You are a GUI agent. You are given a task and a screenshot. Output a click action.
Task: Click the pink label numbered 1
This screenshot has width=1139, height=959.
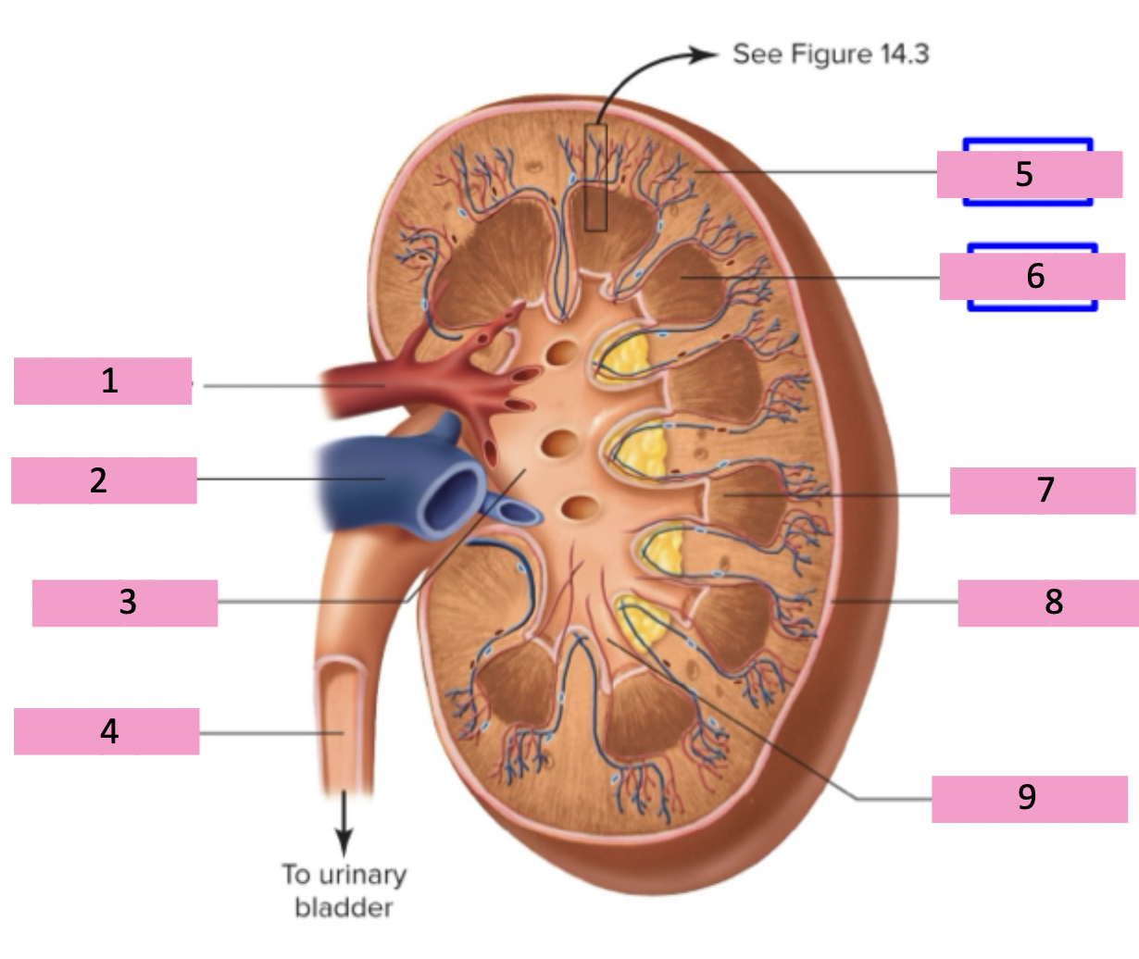pos(103,380)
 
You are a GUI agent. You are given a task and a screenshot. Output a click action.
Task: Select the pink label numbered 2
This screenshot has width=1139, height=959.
pos(104,480)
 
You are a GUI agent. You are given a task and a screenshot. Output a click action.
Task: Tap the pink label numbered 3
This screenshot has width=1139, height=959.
pos(125,603)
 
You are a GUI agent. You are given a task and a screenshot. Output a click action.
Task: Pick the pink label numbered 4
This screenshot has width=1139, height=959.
pos(106,731)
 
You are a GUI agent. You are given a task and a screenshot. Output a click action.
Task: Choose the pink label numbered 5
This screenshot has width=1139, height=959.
pos(1030,174)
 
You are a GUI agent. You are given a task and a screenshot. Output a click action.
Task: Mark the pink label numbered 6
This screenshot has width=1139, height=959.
pos(1033,276)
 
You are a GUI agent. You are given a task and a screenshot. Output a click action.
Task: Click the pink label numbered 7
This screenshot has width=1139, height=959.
pos(1043,491)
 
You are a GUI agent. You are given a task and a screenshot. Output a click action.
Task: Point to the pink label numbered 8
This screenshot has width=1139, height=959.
pos(1048,603)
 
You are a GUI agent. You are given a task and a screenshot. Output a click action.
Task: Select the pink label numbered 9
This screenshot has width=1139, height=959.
pos(1030,799)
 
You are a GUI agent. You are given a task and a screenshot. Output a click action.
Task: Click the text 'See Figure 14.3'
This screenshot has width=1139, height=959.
pos(831,54)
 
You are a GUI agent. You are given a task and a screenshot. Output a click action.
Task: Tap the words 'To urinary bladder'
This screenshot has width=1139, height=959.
pos(344,890)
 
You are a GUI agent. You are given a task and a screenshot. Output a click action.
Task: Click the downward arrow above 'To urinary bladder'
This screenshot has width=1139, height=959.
pos(344,823)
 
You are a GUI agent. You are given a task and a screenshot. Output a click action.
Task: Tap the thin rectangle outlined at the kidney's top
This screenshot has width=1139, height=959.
pos(595,177)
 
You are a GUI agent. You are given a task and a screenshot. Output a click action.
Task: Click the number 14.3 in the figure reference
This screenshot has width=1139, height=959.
pos(905,54)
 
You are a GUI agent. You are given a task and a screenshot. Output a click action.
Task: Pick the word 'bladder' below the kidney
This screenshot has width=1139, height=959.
pos(344,907)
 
